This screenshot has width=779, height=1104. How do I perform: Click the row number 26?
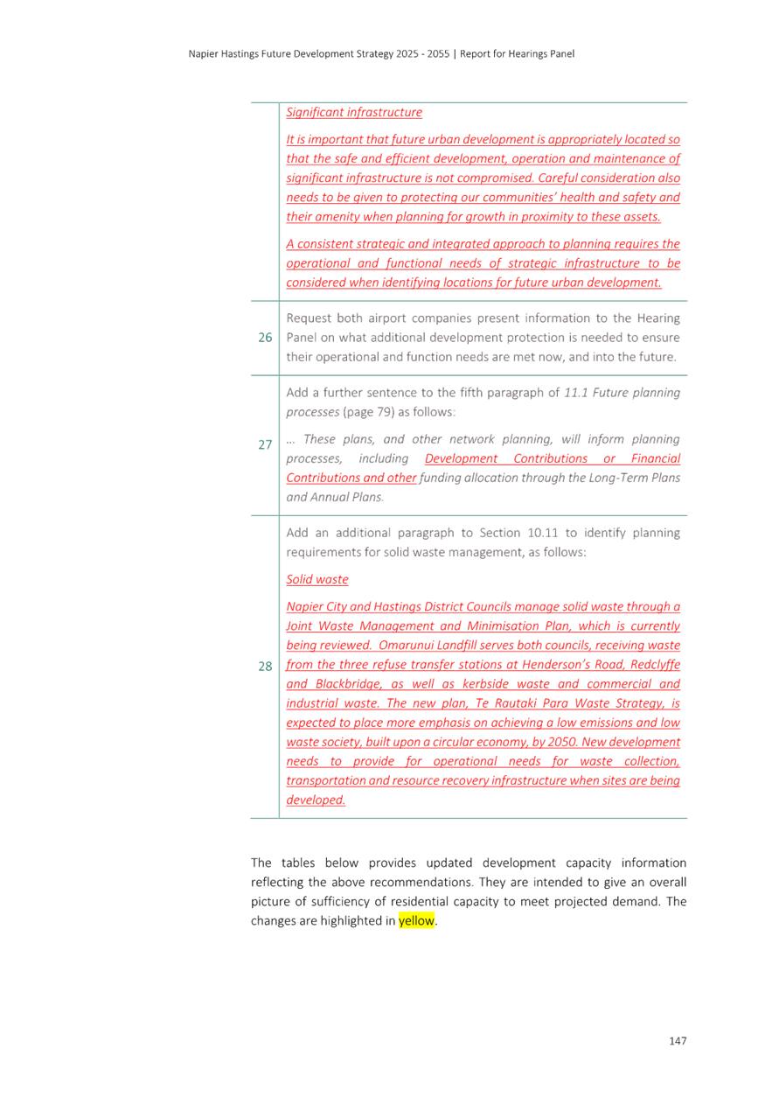click(265, 338)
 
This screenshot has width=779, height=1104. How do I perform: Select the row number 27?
click(265, 444)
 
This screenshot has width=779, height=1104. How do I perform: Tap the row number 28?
click(265, 667)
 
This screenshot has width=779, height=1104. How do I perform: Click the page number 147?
click(678, 1040)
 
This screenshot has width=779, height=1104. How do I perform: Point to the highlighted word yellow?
click(416, 920)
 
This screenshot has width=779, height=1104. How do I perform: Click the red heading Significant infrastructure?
click(354, 112)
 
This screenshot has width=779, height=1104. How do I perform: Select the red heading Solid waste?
click(317, 579)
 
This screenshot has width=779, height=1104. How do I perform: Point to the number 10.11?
click(542, 533)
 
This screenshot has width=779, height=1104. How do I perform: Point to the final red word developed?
click(316, 800)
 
